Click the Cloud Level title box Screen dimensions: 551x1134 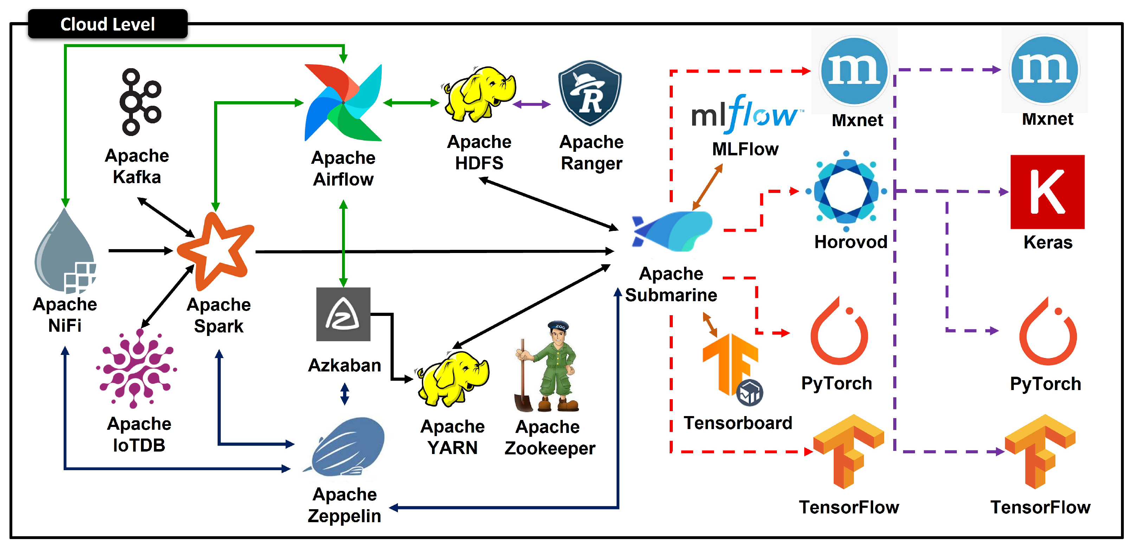(108, 24)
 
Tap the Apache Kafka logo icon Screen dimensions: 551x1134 (140, 102)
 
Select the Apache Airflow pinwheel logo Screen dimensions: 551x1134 (343, 103)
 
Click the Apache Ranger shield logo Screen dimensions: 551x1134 (590, 93)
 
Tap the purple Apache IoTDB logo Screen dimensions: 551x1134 (137, 369)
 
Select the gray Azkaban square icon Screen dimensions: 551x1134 (343, 314)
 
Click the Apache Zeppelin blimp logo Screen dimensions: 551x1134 (346, 447)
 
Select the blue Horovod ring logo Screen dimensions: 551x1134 (846, 192)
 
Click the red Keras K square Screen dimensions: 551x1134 (1047, 192)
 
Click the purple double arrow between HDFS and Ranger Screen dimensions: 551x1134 (532, 104)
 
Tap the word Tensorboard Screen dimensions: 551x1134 (737, 423)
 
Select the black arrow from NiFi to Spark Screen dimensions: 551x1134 (140, 251)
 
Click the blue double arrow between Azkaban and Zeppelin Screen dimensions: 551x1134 (345, 394)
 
